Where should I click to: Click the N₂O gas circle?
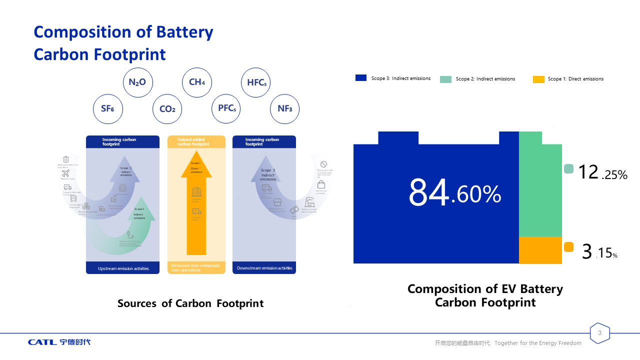coord(137,82)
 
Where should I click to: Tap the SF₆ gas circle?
coord(108,107)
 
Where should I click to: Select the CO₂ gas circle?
coord(167,109)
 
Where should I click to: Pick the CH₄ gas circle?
coord(197,82)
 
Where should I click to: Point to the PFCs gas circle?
coord(226,108)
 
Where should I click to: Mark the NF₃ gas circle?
coord(285,108)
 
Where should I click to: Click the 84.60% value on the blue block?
coord(454,193)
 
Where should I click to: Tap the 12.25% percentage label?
coord(602,173)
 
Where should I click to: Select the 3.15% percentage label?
coord(599,252)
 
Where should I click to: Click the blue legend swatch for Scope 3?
coord(361,78)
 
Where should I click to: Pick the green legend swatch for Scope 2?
coord(445,79)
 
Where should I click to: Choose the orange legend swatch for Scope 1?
coord(538,79)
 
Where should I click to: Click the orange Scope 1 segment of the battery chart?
coord(540,250)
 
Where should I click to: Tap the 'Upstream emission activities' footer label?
coord(123,268)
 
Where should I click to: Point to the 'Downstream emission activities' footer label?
coord(264,268)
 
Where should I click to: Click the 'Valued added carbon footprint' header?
coord(196,142)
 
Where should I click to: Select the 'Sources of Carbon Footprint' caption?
coord(190,303)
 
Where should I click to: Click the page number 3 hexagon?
coord(600,333)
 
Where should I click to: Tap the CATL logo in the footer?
coord(59,342)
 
